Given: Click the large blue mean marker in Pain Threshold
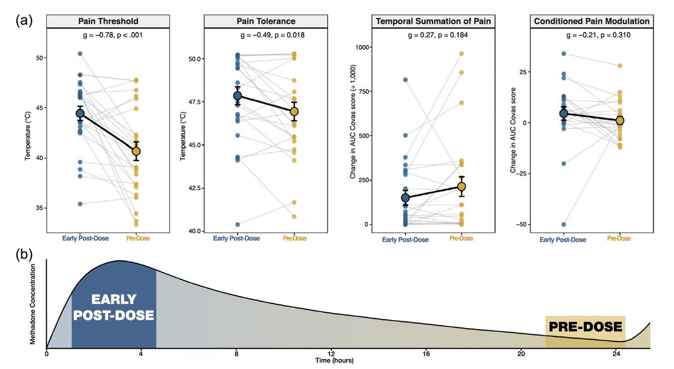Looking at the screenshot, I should point(80,114).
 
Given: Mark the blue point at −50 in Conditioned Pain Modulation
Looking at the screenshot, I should point(563,224).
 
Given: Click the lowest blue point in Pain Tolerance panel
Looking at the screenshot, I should point(238,224).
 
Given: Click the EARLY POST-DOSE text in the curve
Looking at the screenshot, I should point(114,306).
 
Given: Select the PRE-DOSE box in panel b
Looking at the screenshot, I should point(585,327).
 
